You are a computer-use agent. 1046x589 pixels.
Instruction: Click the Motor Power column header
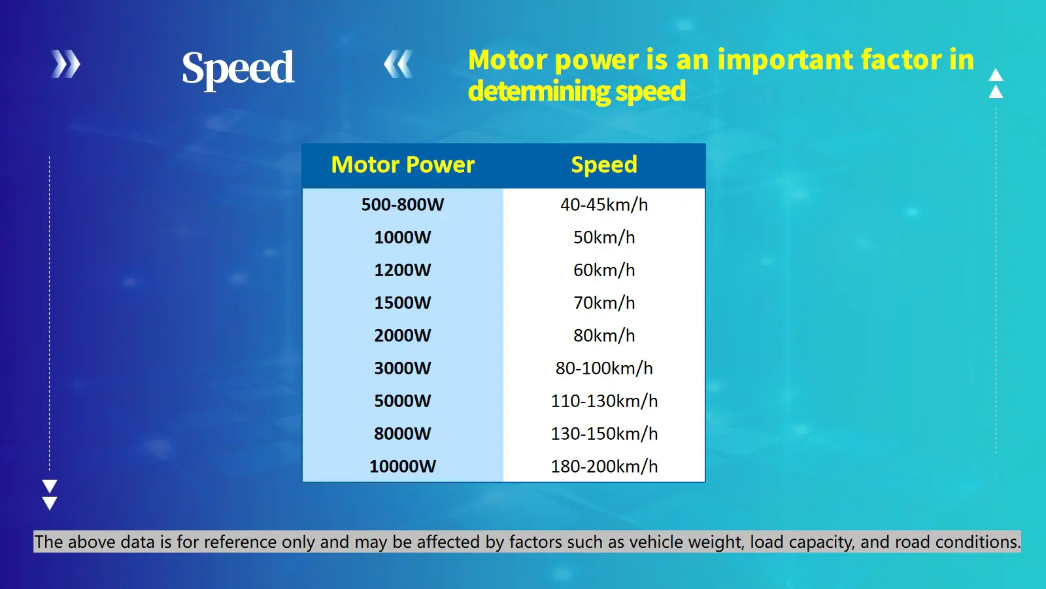[403, 165]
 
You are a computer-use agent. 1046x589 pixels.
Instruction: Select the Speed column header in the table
[604, 165]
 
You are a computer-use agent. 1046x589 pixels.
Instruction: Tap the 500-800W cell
[403, 205]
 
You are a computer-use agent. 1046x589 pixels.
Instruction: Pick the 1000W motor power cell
[403, 238]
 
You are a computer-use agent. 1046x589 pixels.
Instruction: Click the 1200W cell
[403, 270]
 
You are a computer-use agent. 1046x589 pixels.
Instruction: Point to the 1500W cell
[403, 303]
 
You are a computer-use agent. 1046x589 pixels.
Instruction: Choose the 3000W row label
[403, 368]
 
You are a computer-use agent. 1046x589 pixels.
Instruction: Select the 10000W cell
[403, 467]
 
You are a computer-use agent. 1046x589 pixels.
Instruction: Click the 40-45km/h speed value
[604, 205]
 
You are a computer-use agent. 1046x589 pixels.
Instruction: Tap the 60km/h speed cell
[604, 270]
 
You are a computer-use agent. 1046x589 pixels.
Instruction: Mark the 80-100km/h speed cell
[604, 368]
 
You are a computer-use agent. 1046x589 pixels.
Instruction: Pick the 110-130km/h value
[604, 401]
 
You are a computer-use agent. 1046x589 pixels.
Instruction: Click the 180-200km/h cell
[604, 467]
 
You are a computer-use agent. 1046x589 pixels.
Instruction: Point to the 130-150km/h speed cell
[604, 434]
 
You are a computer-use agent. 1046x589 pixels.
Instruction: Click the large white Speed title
[238, 68]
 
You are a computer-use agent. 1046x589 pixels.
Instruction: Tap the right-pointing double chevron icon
[65, 64]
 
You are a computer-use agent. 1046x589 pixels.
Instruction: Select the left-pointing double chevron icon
[398, 64]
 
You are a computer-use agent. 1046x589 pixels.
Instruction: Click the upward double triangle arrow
[996, 83]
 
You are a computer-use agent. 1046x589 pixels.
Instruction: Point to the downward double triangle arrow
[50, 494]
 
